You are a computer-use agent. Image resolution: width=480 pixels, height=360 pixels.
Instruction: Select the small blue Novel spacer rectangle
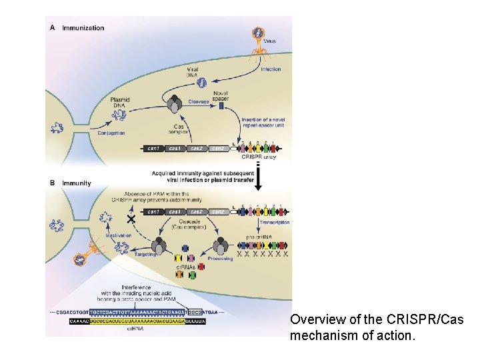pos(221,105)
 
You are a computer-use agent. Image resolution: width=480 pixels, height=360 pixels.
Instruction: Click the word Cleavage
pos(198,102)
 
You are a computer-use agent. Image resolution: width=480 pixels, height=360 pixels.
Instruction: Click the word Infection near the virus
pos(271,69)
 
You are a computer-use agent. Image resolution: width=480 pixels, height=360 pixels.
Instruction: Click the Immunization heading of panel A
pos(83,28)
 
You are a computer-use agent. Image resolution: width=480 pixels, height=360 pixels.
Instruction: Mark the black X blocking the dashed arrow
pos(131,219)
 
